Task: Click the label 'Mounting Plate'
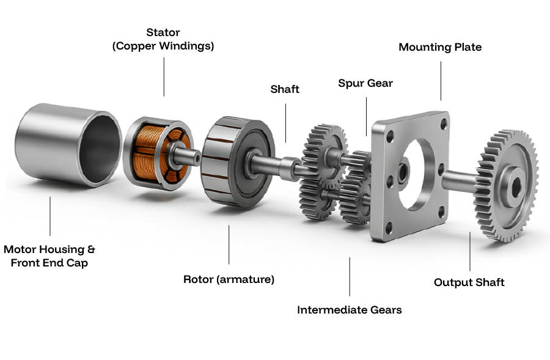click(440, 47)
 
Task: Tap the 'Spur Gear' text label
click(365, 83)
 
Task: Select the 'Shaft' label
click(285, 89)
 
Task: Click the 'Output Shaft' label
click(469, 282)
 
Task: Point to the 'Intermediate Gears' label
click(349, 310)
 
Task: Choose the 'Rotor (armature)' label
click(229, 279)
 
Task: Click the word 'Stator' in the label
click(163, 32)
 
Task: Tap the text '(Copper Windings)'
click(163, 46)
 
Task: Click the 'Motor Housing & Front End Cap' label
click(50, 256)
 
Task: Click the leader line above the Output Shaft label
click(469, 251)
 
